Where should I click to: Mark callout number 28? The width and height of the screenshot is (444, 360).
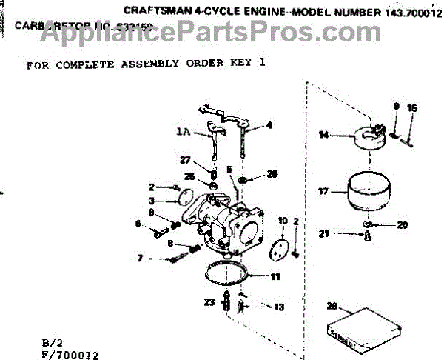pos(333,306)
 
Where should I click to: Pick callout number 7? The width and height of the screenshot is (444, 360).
pos(139,259)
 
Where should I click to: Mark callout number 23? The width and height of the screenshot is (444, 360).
pos(209,301)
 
